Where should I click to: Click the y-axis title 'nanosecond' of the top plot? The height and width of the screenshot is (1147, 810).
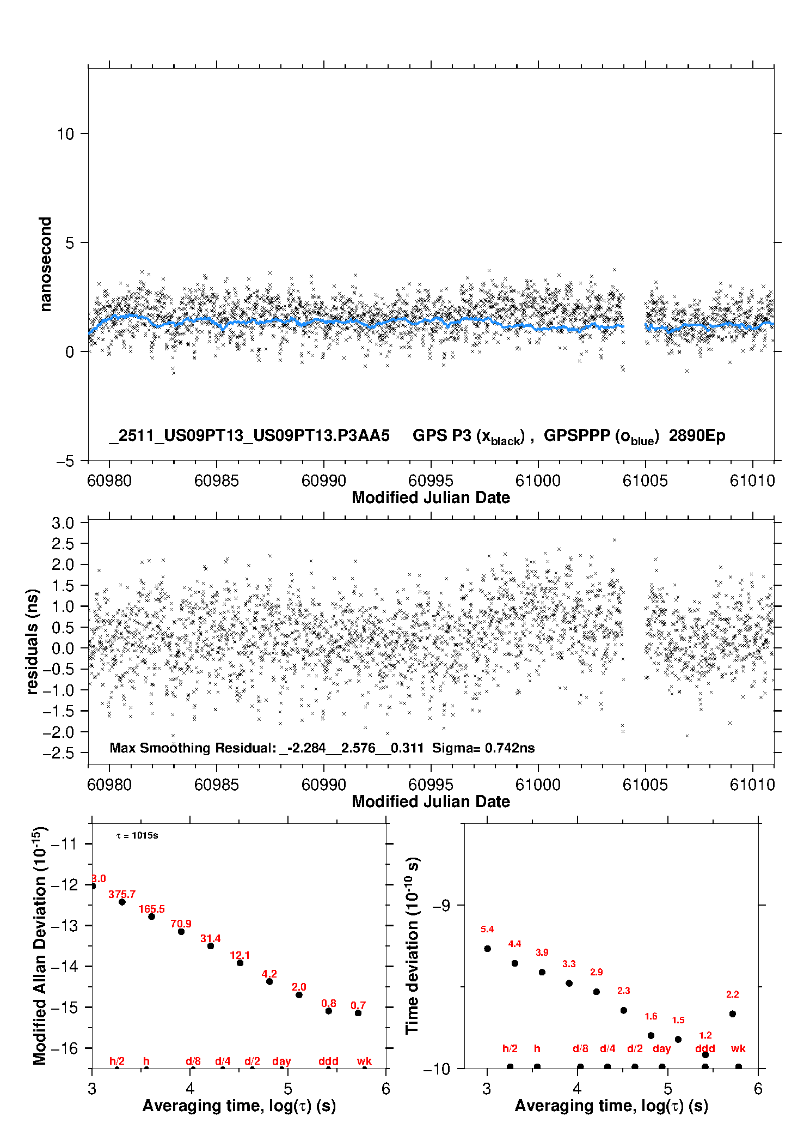coord(45,264)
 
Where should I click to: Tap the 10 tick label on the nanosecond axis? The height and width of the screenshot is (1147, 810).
coord(65,134)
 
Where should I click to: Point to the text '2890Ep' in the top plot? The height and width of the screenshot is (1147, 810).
coord(697,436)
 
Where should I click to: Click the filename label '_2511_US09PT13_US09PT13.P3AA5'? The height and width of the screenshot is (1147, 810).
coord(249,436)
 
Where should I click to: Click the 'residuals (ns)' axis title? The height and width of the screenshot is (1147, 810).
coord(33,642)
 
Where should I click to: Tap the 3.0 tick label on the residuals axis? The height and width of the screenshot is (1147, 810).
coord(63,524)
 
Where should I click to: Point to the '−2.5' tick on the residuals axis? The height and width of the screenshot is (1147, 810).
coord(59,754)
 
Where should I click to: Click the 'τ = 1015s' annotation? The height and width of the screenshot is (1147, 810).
coord(137,836)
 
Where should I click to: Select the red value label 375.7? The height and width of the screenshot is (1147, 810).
coord(122,895)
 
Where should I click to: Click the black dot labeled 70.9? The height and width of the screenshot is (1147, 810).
coord(181,932)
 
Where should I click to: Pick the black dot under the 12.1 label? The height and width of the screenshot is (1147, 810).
coord(240,963)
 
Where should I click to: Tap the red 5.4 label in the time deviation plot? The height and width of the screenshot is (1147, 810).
coord(487,930)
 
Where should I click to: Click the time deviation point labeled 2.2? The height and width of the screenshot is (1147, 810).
coord(733,1014)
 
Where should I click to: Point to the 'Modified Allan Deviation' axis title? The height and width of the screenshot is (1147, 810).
coord(40,946)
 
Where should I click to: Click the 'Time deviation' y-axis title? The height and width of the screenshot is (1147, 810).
coord(412,946)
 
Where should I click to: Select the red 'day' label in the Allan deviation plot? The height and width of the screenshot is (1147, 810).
coord(281,1061)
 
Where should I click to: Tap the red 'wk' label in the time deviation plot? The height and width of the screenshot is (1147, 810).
coord(738,1049)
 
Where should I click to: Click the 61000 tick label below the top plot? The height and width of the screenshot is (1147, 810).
coord(538,481)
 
